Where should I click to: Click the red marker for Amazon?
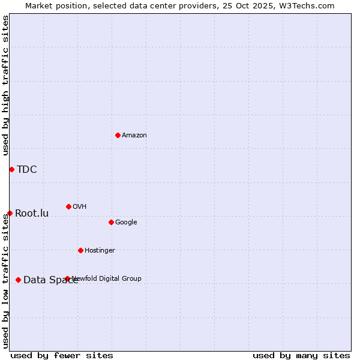(x=118, y=135)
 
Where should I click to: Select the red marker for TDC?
(x=11, y=169)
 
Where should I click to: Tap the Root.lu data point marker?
(x=10, y=213)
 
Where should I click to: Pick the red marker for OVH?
(x=68, y=206)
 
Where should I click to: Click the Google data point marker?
(x=111, y=222)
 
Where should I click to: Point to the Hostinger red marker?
(x=80, y=250)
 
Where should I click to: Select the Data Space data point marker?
(x=18, y=280)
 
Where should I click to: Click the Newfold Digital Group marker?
(x=67, y=278)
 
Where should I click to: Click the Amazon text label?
(x=134, y=136)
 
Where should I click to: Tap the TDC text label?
(x=27, y=170)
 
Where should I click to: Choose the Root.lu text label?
(x=32, y=214)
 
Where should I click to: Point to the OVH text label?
(x=80, y=207)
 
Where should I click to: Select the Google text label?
(x=126, y=223)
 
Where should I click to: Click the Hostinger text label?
(x=100, y=251)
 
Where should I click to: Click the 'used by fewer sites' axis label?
(x=62, y=355)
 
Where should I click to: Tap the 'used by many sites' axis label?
(x=301, y=355)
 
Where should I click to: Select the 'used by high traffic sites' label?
(x=6, y=86)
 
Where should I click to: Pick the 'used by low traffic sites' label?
(x=6, y=281)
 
